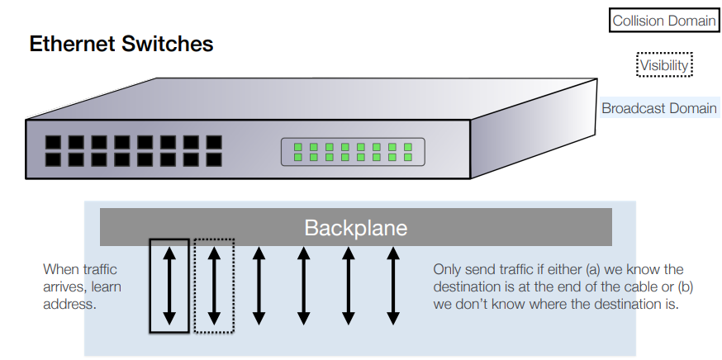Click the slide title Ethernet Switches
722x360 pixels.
tap(121, 44)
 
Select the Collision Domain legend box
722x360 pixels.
tap(663, 21)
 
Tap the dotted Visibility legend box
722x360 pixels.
tap(663, 64)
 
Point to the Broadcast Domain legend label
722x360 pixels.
tap(658, 108)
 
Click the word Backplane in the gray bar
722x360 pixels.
tap(355, 228)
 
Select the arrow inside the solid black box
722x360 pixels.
tap(169, 286)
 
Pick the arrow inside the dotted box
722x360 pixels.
tap(214, 286)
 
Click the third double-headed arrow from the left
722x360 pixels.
tap(259, 286)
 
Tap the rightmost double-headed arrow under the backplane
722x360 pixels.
tap(393, 286)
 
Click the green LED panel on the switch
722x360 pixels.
tap(353, 152)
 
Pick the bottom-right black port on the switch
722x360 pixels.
tap(214, 159)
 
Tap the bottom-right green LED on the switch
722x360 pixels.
tap(406, 157)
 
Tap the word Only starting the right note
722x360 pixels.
tap(448, 269)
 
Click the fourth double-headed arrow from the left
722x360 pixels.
tap(303, 286)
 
